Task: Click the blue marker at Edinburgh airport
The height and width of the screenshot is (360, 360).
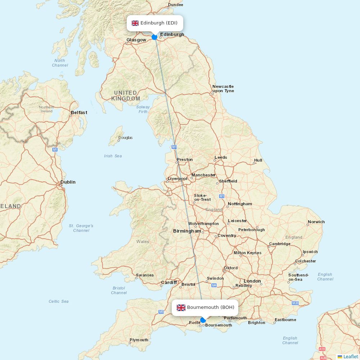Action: click(154, 37)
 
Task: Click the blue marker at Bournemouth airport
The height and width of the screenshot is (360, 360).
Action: click(203, 320)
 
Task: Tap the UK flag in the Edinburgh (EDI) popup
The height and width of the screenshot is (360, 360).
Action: click(135, 23)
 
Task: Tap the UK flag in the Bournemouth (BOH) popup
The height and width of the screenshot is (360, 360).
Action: click(181, 307)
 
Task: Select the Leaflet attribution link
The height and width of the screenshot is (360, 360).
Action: click(350, 356)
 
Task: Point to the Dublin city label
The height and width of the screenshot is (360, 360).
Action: click(68, 182)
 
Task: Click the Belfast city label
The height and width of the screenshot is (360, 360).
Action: click(79, 113)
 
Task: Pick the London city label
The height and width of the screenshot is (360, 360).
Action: click(252, 281)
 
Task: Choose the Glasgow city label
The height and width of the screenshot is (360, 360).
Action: click(136, 40)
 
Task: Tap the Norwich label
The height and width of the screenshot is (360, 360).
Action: click(316, 222)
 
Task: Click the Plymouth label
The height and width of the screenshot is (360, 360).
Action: click(139, 340)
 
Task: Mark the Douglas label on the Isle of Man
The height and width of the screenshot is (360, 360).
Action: click(125, 138)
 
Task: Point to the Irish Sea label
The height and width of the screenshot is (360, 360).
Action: click(113, 156)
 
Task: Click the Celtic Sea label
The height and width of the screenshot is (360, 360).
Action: click(59, 301)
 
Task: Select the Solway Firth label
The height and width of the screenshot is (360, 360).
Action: click(143, 109)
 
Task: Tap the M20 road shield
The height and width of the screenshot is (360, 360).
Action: click(295, 303)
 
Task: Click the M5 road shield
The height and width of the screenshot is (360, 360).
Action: click(161, 312)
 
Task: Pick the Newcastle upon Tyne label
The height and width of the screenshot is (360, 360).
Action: click(223, 89)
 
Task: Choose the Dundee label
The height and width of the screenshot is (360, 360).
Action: click(175, 5)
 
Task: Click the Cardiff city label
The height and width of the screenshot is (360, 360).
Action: click(169, 283)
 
